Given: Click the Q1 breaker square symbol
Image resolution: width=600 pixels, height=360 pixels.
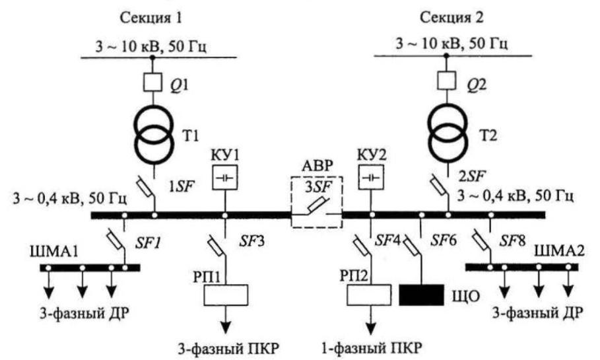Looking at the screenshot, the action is coord(152,82).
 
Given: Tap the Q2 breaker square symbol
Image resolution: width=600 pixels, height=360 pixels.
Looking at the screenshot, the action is coord(446,81).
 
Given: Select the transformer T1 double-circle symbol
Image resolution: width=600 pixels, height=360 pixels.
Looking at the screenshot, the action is coord(153,134).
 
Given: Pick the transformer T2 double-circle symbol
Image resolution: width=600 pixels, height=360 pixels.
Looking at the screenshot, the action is coord(448,133).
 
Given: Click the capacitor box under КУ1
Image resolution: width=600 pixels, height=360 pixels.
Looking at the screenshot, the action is coord(225,177).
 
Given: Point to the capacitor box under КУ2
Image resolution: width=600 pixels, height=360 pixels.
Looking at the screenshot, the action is coord(371,177).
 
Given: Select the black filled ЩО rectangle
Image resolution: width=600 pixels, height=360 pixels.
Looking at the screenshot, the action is coord(422,295).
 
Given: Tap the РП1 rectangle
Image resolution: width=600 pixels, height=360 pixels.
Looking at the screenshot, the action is coord(225,295).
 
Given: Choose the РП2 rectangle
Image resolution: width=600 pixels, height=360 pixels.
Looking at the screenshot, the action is coord(369,295).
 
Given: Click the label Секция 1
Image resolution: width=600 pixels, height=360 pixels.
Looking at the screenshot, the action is coord(151,18).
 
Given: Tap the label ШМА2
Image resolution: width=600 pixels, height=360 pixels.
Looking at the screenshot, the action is coord(559,251).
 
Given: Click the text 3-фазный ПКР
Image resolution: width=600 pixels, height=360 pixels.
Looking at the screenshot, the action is coord(228,349).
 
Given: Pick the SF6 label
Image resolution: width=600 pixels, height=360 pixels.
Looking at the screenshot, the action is coord(444,240).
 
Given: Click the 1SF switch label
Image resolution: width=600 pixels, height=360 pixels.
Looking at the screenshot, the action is coord(182,186).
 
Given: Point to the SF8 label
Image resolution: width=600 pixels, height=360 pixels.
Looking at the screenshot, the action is coord(512,240).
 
